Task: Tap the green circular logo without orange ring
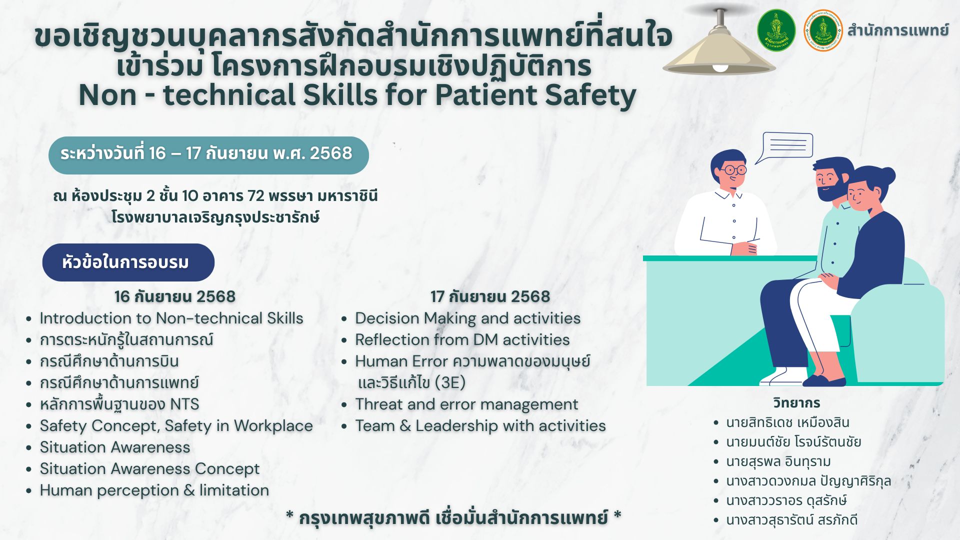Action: click(776, 30)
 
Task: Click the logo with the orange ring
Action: click(823, 30)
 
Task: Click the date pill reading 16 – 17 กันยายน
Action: click(208, 155)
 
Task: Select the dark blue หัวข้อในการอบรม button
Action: click(128, 262)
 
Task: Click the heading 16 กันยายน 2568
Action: click(174, 296)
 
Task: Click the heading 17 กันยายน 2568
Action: click(490, 296)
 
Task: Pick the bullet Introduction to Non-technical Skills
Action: click(171, 318)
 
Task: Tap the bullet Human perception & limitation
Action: click(154, 490)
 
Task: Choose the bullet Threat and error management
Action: click(466, 404)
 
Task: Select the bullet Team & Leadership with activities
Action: click(480, 425)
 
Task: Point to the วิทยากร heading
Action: click(796, 402)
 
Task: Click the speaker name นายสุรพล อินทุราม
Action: click(778, 461)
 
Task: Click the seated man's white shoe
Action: click(782, 376)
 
